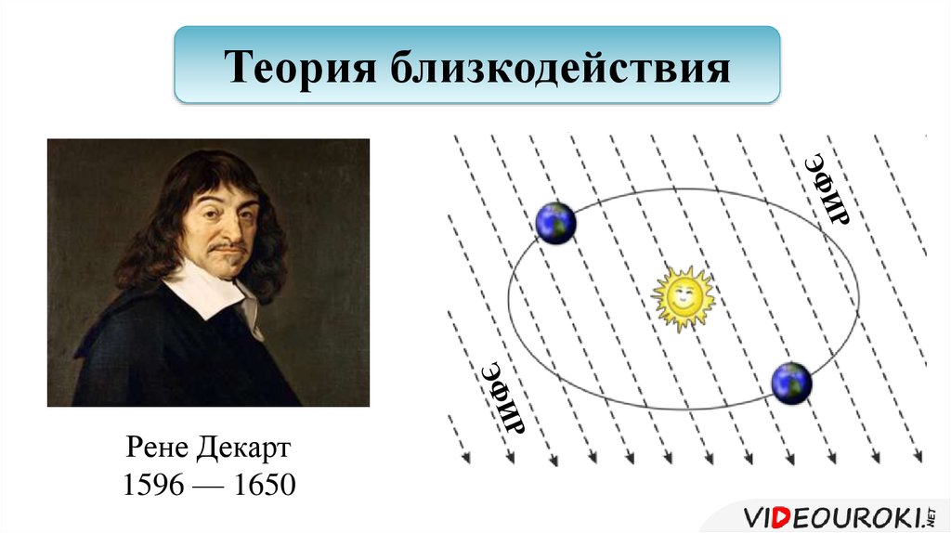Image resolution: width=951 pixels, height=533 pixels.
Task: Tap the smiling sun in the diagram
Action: pyautogui.click(x=682, y=297)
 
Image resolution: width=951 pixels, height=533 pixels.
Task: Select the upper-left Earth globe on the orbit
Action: pyautogui.click(x=556, y=223)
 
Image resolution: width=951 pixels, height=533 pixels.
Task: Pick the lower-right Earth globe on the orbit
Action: pyautogui.click(x=791, y=382)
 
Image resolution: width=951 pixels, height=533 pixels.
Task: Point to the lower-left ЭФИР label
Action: pyautogui.click(x=502, y=398)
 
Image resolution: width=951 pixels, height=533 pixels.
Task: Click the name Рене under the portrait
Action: pyautogui.click(x=157, y=450)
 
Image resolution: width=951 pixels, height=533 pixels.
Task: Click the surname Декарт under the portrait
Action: pyautogui.click(x=243, y=450)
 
